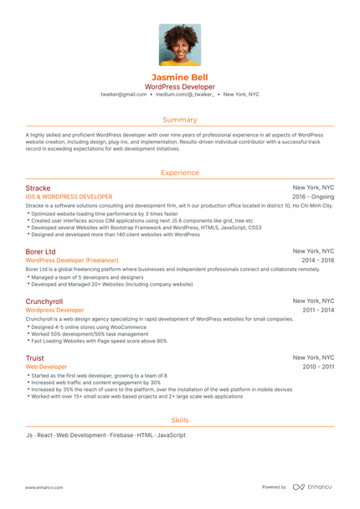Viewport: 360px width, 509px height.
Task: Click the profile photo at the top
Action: (x=180, y=44)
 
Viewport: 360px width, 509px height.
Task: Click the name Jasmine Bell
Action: (x=180, y=77)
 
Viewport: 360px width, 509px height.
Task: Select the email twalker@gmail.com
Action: (x=123, y=95)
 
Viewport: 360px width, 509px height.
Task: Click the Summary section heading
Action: (x=180, y=120)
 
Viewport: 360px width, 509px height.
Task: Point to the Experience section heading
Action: (x=180, y=172)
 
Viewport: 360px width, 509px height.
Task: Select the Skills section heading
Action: (x=180, y=420)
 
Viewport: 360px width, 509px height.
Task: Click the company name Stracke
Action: (x=38, y=188)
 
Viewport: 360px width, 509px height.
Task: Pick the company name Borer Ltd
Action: (x=40, y=251)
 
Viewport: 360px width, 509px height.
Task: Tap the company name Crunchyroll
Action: (x=45, y=301)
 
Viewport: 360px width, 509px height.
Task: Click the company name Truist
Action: (x=34, y=357)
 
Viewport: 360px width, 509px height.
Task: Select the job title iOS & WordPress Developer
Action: (x=69, y=197)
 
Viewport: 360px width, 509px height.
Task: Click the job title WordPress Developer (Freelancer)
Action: (x=72, y=260)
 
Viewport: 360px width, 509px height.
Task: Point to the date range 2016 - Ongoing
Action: (x=313, y=197)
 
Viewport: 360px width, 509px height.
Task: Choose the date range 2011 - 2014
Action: (x=319, y=310)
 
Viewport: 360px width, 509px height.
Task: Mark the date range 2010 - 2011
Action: (x=319, y=367)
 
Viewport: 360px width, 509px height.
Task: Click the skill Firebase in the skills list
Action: (x=121, y=435)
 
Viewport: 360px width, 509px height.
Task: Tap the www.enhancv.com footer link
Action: (x=45, y=486)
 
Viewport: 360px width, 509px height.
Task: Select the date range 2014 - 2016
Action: (x=319, y=260)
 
